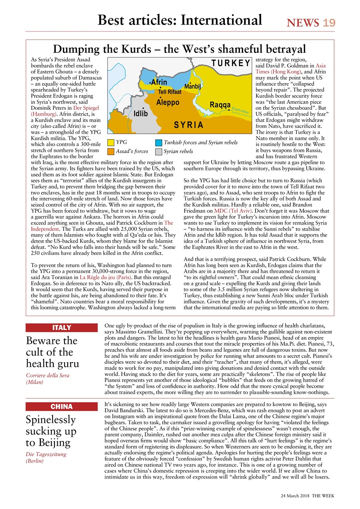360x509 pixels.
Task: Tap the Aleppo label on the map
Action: pyautogui.click(x=167, y=103)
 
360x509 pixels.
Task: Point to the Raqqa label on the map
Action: pyautogui.click(x=220, y=105)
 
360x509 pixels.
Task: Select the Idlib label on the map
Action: pyautogui.click(x=140, y=114)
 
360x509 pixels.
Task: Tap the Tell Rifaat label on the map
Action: pyautogui.click(x=170, y=92)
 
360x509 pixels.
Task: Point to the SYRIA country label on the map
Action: pyautogui.click(x=189, y=125)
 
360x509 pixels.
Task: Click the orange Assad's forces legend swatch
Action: pyautogui.click(x=111, y=152)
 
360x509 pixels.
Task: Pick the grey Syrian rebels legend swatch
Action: pyautogui.click(x=159, y=152)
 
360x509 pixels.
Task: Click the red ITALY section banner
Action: pyautogui.click(x=62, y=328)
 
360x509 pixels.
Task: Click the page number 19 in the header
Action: pyautogui.click(x=329, y=23)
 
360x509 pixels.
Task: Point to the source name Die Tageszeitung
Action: pyautogui.click(x=46, y=454)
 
